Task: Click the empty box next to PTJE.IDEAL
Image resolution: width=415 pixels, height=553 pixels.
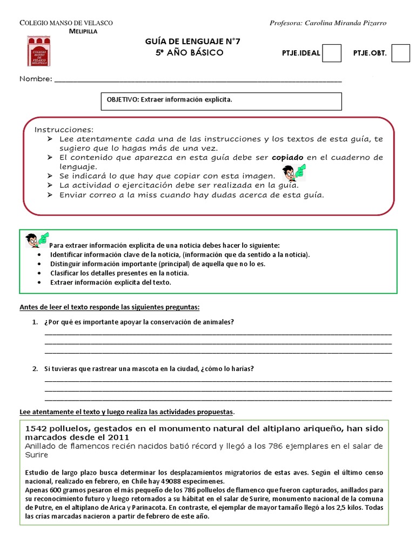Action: point(332,53)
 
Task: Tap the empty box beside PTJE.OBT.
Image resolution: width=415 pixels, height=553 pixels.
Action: point(400,53)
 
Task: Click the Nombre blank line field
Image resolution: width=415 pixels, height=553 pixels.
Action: point(198,80)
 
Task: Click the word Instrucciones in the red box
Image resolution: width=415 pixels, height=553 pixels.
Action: point(64,130)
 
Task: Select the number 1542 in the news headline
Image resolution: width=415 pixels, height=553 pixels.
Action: point(36,428)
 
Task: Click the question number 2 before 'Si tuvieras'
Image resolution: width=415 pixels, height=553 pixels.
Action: point(34,369)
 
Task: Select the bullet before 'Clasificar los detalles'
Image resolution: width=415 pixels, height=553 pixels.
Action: point(42,273)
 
